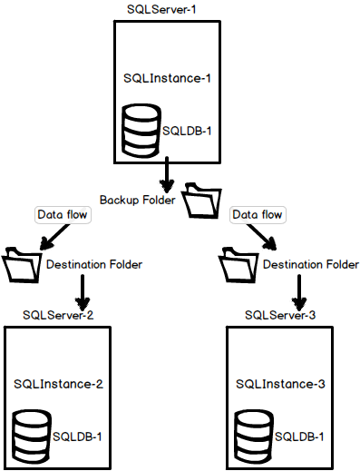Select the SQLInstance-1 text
pos(168,78)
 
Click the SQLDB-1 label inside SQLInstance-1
pos(186,131)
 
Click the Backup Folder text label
pos(139,199)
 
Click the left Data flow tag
pos(59,215)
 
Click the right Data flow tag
pos(258,215)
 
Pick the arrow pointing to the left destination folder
pos(54,235)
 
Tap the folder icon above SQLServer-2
pos(22,264)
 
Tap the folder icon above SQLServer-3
pos(239,264)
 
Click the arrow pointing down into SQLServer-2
pos(83,291)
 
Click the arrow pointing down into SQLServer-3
pos(299,291)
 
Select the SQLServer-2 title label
pos(59,314)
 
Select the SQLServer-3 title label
pos(280,314)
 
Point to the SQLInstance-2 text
pos(58,384)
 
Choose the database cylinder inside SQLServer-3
pos(252,436)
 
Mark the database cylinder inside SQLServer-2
pos(31,436)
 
